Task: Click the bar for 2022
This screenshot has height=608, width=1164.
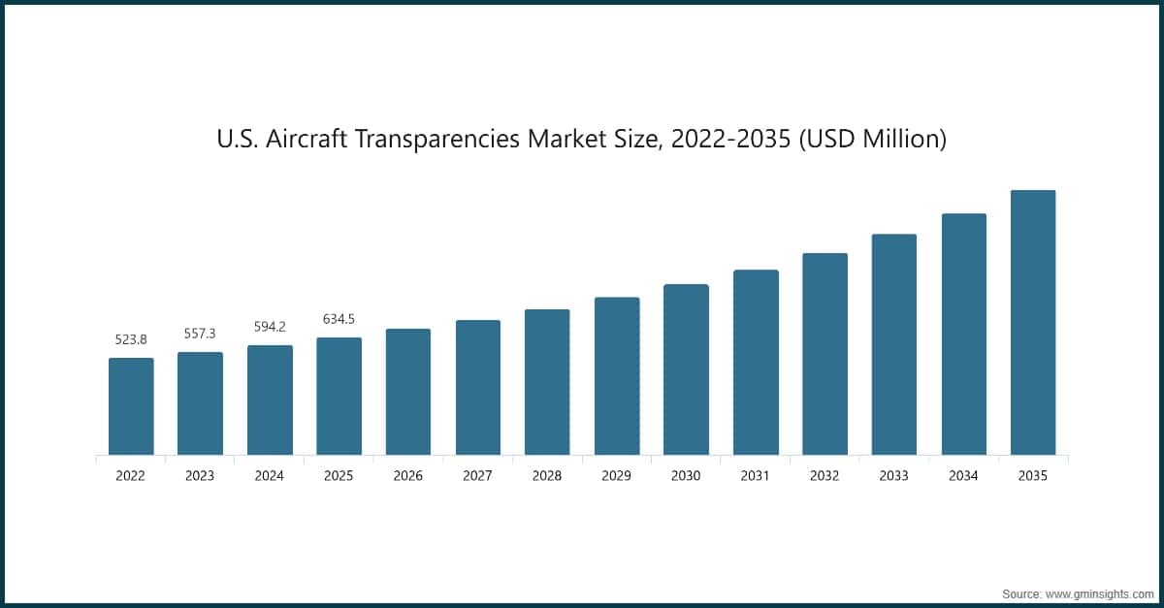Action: pyautogui.click(x=131, y=406)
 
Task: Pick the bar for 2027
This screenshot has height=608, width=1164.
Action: pyautogui.click(x=478, y=387)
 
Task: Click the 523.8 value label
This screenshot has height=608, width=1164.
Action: pyautogui.click(x=131, y=339)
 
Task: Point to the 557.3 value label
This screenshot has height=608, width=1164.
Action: pyautogui.click(x=200, y=334)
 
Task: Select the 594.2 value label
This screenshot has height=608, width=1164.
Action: pyautogui.click(x=270, y=327)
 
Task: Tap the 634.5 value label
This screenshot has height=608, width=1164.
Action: pyautogui.click(x=339, y=319)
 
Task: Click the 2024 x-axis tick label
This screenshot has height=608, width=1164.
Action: pyautogui.click(x=270, y=476)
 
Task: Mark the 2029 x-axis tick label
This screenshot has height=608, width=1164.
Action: pyautogui.click(x=617, y=476)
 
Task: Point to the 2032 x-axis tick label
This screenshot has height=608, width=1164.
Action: pyautogui.click(x=824, y=476)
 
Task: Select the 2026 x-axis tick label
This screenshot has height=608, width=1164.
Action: pyautogui.click(x=408, y=476)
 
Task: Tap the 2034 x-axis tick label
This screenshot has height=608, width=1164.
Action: pyautogui.click(x=963, y=476)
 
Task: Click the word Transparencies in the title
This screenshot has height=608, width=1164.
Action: pyautogui.click(x=441, y=140)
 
